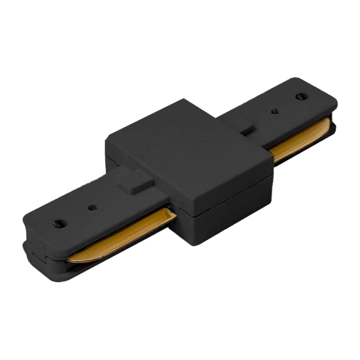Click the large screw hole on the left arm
60,223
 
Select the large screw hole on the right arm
300,96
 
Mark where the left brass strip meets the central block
172,215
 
